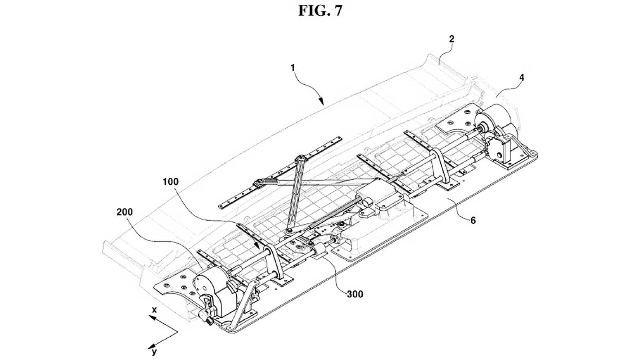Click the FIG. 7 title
(x=320, y=11)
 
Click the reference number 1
(x=292, y=68)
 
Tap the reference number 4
(x=522, y=78)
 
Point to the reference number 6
(x=473, y=221)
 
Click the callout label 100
(x=171, y=182)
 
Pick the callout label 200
(x=125, y=212)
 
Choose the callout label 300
(x=355, y=294)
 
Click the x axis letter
(x=154, y=310)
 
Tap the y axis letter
(x=154, y=351)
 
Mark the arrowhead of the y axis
(x=152, y=345)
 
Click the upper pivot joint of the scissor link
(x=301, y=158)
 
